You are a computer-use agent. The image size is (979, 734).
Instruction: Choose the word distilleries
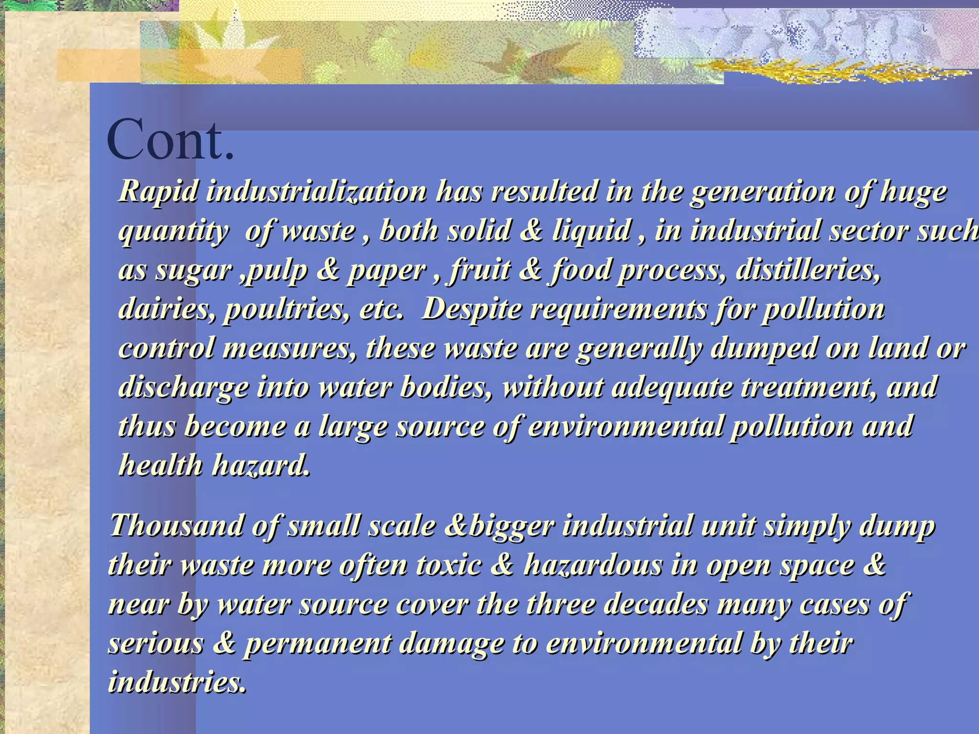(x=808, y=271)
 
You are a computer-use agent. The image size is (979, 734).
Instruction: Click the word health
(x=161, y=465)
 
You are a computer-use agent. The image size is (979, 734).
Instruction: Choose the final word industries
(x=177, y=682)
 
